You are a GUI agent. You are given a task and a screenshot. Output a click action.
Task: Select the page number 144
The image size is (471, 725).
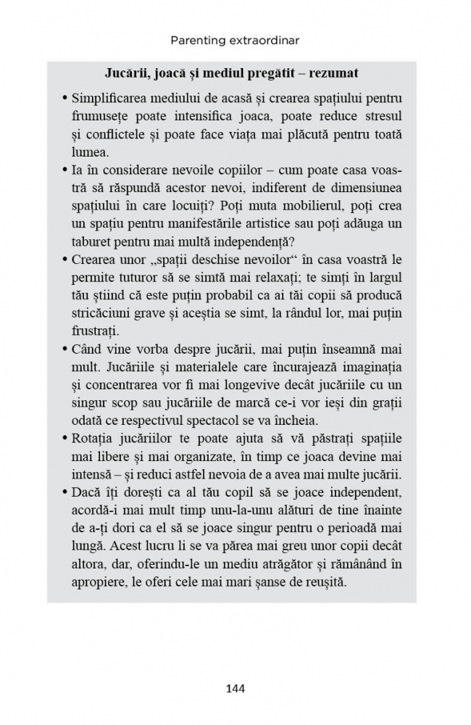coord(235,688)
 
